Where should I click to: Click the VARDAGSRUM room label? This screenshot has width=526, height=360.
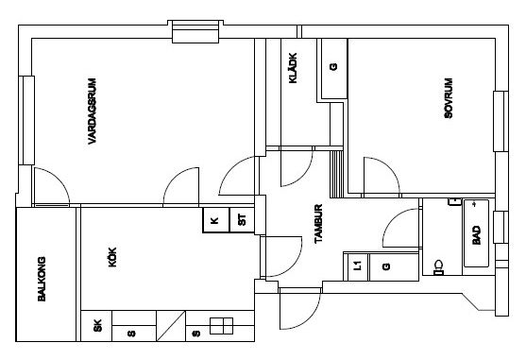(92, 111)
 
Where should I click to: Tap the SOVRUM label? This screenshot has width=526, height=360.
(449, 98)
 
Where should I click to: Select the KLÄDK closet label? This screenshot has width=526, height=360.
(293, 68)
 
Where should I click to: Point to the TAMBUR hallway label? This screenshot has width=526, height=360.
(318, 223)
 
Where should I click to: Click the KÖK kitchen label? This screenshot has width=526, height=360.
(112, 257)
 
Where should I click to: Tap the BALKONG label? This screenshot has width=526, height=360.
(42, 279)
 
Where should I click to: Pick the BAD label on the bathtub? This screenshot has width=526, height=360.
(476, 235)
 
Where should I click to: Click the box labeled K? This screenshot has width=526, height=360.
(216, 220)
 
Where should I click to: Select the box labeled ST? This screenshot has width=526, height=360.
(242, 220)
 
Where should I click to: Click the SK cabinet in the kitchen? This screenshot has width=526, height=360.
(96, 326)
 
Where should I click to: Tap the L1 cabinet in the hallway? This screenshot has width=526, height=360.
(358, 266)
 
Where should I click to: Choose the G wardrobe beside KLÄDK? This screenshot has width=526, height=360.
(333, 68)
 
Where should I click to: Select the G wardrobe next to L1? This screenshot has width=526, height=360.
(394, 266)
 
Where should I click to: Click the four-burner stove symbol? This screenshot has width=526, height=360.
(221, 326)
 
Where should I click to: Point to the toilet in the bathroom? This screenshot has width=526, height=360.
(438, 267)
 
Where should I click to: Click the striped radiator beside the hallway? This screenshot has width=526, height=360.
(337, 174)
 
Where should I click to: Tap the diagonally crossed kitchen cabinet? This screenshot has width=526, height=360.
(171, 326)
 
